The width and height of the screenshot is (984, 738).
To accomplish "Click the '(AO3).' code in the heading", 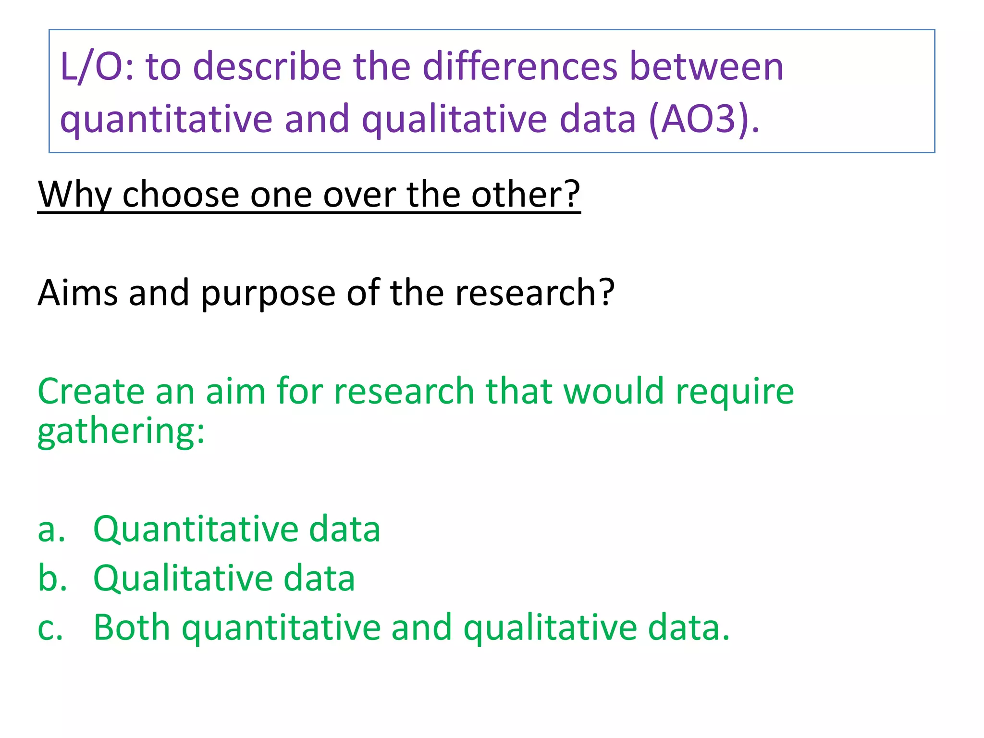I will [x=704, y=119].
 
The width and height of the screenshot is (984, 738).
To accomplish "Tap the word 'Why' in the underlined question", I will [x=74, y=195].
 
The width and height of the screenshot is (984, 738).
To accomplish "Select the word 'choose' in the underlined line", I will [x=181, y=195].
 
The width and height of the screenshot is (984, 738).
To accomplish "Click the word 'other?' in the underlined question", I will [x=526, y=195].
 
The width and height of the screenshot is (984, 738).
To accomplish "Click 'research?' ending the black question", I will [x=535, y=293].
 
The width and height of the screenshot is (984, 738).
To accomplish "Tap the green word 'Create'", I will [x=91, y=391].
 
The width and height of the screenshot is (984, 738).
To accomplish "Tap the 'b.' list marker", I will [x=52, y=578].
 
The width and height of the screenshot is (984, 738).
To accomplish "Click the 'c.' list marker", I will [x=50, y=628].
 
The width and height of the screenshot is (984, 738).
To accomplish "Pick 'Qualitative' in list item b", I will [x=183, y=578].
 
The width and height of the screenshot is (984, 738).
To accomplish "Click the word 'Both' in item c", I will [x=132, y=627].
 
